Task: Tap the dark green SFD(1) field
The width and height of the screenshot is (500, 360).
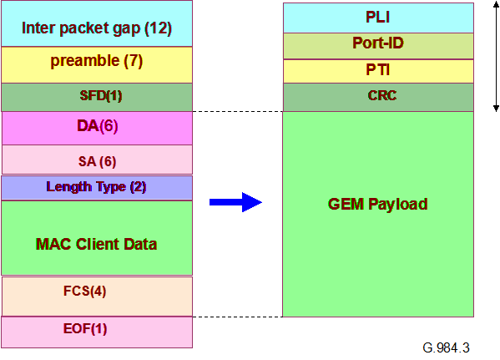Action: (x=97, y=96)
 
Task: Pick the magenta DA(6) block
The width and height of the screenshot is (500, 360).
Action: (x=97, y=127)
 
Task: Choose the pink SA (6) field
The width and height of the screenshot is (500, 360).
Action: (x=97, y=159)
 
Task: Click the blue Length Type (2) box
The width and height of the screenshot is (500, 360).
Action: (x=97, y=187)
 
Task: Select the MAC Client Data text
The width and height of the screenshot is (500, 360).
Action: (x=97, y=244)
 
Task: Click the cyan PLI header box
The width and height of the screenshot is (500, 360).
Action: (x=377, y=18)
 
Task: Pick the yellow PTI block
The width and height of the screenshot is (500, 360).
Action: (x=377, y=71)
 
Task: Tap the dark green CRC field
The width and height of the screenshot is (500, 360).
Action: (x=377, y=97)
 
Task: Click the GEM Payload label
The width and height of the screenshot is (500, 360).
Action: (x=377, y=204)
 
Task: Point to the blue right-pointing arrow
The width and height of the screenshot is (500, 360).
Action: (x=235, y=202)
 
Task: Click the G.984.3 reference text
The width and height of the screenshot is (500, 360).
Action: (x=446, y=347)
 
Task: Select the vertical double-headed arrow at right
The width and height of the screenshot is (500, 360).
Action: (x=494, y=56)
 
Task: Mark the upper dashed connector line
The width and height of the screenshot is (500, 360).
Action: (x=238, y=111)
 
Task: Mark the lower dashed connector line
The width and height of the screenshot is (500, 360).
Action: (x=238, y=317)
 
